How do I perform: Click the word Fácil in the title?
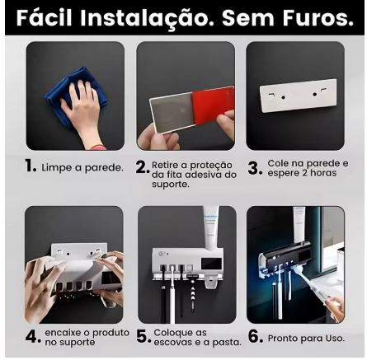(x=45, y=17)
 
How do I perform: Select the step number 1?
(x=31, y=166)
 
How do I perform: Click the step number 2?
(x=143, y=167)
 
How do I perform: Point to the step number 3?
(x=255, y=168)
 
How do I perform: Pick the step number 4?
(x=33, y=336)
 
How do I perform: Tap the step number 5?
(x=144, y=336)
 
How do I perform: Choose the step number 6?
(x=256, y=336)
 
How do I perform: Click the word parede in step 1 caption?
(x=104, y=168)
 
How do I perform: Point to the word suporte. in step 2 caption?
(x=171, y=185)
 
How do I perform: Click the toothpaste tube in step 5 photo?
(x=211, y=228)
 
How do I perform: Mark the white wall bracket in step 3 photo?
(x=299, y=96)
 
